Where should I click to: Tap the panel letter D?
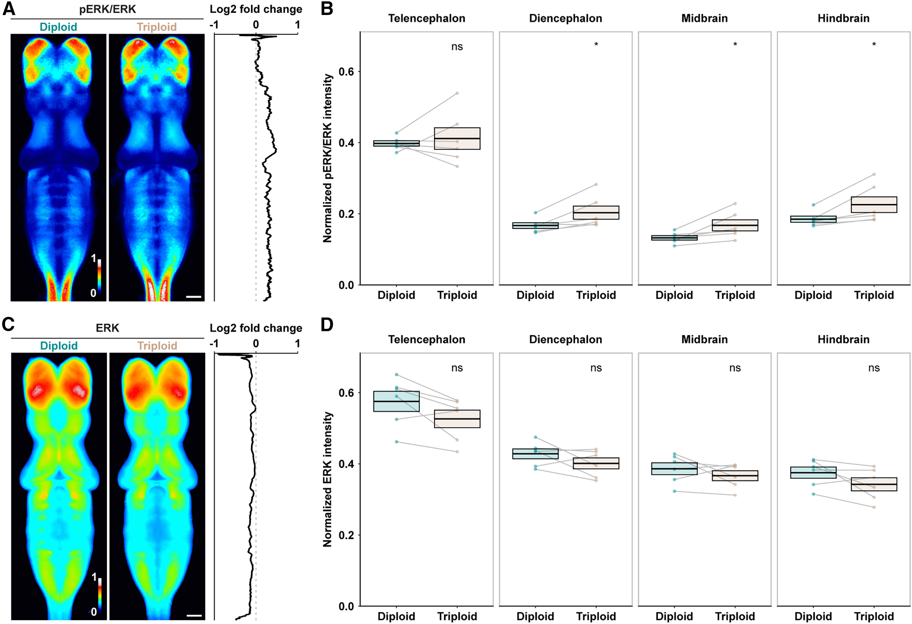(327, 325)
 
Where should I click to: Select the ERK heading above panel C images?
(107, 328)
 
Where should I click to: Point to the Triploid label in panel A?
(157, 27)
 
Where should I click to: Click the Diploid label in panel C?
(59, 346)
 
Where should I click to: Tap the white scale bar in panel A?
(193, 297)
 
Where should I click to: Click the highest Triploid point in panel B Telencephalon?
(457, 93)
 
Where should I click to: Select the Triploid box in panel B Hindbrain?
(874, 205)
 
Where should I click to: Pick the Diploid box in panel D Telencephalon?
(396, 401)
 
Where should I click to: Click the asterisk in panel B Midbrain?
(735, 45)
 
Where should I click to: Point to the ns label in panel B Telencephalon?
(457, 47)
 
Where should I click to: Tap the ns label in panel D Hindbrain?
(874, 368)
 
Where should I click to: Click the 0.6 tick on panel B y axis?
(346, 72)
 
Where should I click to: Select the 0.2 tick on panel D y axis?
(346, 535)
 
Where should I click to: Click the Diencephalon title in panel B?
(566, 18)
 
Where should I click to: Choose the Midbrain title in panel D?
(705, 340)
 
